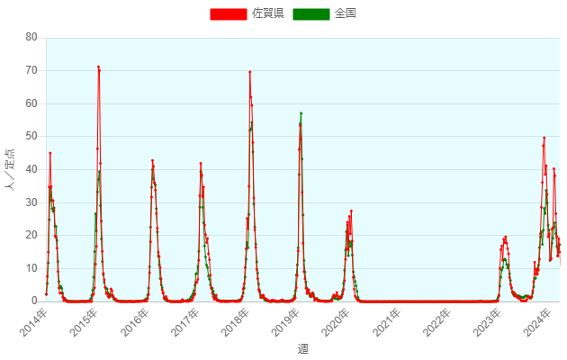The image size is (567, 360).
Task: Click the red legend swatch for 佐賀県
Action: click(229, 13)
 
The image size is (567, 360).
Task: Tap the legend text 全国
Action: click(346, 13)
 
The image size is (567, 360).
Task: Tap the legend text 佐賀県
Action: click(267, 13)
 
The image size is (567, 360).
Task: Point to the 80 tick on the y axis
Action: click(31, 37)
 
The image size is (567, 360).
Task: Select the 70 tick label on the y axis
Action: click(31, 70)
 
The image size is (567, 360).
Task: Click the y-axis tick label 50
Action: click(31, 136)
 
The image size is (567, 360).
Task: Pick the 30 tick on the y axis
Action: click(31, 202)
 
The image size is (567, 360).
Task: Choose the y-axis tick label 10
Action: click(31, 268)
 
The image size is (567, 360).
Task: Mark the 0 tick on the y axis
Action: click(34, 301)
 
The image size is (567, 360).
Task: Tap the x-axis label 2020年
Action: click(333, 321)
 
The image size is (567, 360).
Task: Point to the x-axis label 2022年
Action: click(434, 321)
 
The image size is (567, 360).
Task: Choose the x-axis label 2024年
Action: click(535, 321)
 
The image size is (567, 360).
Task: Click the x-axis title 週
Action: click(302, 348)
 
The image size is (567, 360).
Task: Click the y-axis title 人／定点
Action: click(11, 169)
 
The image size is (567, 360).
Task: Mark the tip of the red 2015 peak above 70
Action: click(98, 67)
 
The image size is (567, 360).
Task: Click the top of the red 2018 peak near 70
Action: click(249, 72)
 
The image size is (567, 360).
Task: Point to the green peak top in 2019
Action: click(301, 113)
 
